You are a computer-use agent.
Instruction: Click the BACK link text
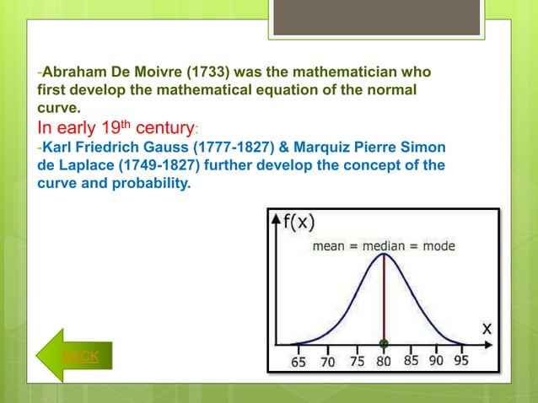pyautogui.click(x=81, y=357)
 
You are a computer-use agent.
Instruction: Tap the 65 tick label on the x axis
pyautogui.click(x=299, y=362)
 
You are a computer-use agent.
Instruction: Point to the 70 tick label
pyautogui.click(x=327, y=362)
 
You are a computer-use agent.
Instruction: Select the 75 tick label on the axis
pyautogui.click(x=357, y=362)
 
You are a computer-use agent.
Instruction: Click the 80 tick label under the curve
pyautogui.click(x=385, y=362)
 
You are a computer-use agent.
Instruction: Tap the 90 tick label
pyautogui.click(x=436, y=361)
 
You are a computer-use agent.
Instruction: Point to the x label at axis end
pyautogui.click(x=487, y=330)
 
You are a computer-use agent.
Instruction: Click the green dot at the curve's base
pyautogui.click(x=385, y=344)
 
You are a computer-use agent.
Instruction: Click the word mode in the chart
pyautogui.click(x=438, y=246)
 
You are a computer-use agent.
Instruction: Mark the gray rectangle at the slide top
pyautogui.click(x=376, y=17)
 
